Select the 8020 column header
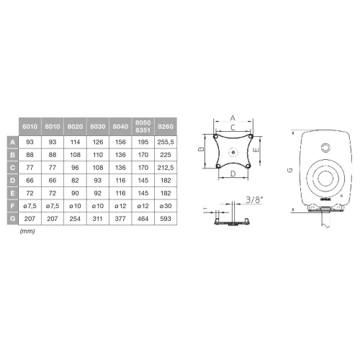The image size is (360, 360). [74, 127]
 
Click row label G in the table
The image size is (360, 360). [12, 217]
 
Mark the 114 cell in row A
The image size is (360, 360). [74, 143]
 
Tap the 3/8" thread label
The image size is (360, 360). [255, 199]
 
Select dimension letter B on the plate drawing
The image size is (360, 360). [202, 150]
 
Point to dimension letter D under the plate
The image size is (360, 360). [233, 174]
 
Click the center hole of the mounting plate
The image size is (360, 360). [233, 152]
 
